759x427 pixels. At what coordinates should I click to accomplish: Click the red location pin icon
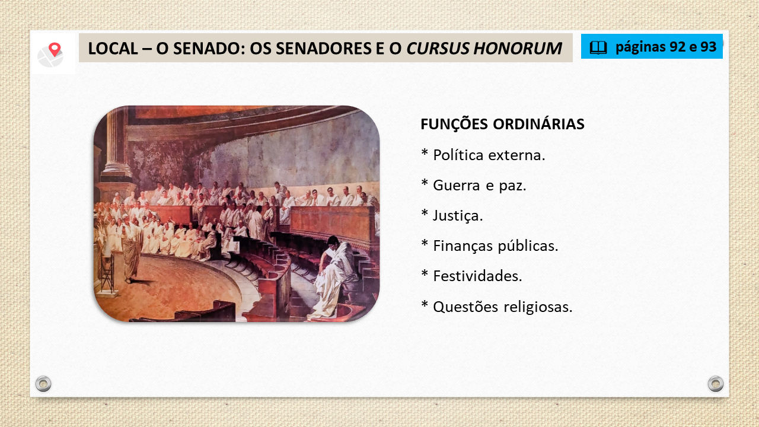coord(55,49)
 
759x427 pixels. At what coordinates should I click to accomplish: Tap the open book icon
coord(598,47)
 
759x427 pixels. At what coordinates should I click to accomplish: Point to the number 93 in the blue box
coord(708,47)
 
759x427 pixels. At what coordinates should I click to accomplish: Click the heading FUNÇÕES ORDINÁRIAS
coord(502,124)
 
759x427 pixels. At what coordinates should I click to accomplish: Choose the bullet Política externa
coord(483,155)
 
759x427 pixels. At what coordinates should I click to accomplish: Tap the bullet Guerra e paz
coord(474,186)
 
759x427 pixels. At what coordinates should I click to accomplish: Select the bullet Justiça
coord(452,215)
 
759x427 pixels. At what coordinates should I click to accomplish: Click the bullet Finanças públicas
coord(490,246)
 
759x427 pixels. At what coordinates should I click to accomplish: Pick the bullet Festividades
coord(471,276)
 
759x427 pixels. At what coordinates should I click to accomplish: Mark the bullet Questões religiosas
coord(497,307)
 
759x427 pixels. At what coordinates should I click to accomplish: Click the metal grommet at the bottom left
coord(43,384)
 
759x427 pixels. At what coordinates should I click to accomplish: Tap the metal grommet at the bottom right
coord(716,384)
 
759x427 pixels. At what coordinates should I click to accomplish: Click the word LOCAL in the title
coord(113,49)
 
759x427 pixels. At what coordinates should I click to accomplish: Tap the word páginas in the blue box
coord(640,47)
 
